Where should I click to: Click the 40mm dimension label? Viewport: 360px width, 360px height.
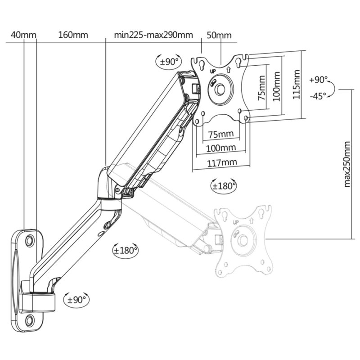click(23, 35)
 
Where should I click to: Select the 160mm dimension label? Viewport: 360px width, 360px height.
click(73, 35)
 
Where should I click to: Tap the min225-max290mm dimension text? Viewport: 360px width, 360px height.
click(153, 35)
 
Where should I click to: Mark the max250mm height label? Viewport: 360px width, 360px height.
click(346, 164)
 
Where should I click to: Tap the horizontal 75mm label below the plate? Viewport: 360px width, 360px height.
click(221, 134)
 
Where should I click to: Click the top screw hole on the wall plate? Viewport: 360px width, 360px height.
click(29, 240)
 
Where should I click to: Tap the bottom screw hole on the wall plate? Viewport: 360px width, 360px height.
click(29, 320)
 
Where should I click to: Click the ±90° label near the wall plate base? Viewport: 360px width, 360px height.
click(77, 298)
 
